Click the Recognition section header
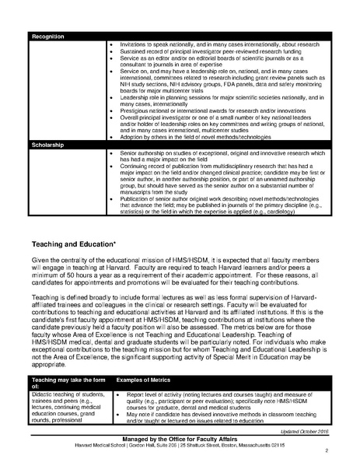[49, 36]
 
